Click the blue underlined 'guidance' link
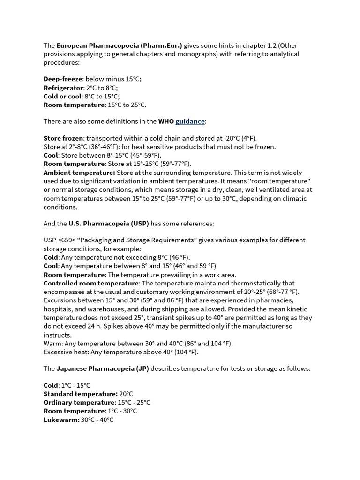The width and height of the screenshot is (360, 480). click(x=190, y=121)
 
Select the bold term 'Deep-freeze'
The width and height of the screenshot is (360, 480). click(x=63, y=79)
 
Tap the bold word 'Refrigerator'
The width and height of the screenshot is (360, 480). click(x=63, y=88)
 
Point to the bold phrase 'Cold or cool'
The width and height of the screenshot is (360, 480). click(x=63, y=96)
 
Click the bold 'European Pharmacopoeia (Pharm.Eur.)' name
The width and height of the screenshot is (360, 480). click(x=120, y=45)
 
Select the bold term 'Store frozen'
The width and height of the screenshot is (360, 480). click(x=64, y=138)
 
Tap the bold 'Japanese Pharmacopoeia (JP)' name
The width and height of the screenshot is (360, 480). click(x=103, y=368)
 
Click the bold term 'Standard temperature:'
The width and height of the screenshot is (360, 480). click(x=81, y=394)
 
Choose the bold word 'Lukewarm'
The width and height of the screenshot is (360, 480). click(x=60, y=420)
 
